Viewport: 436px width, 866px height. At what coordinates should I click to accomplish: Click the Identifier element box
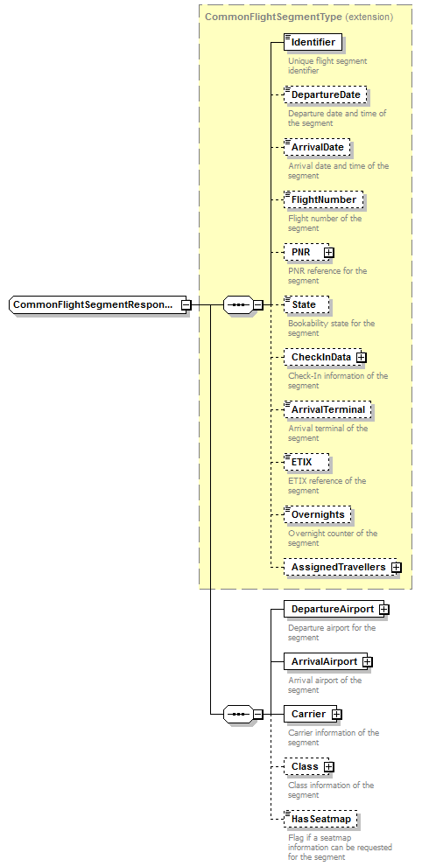[313, 42]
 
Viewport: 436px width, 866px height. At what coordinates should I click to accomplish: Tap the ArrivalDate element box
[317, 147]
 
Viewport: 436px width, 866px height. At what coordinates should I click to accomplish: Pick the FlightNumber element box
[323, 199]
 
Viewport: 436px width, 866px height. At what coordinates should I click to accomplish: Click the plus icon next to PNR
[329, 252]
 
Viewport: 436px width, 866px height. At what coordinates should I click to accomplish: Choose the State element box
[306, 304]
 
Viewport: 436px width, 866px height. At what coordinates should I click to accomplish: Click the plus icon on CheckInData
[361, 357]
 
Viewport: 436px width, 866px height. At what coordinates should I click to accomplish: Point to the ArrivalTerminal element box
[328, 409]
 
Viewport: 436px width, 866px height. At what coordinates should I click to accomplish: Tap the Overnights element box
[318, 514]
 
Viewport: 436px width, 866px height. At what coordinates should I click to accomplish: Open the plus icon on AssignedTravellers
[397, 567]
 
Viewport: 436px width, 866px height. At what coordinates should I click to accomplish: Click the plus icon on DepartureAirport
[383, 609]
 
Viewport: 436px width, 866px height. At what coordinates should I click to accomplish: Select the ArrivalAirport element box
[323, 661]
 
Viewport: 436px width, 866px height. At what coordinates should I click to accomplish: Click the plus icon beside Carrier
[336, 714]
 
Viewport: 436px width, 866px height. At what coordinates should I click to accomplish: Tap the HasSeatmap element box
[320, 819]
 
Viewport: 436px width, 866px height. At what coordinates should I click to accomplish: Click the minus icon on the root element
[186, 304]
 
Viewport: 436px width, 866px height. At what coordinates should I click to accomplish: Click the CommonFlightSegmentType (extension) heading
[298, 17]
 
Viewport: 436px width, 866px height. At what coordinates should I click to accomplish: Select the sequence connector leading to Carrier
[237, 714]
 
